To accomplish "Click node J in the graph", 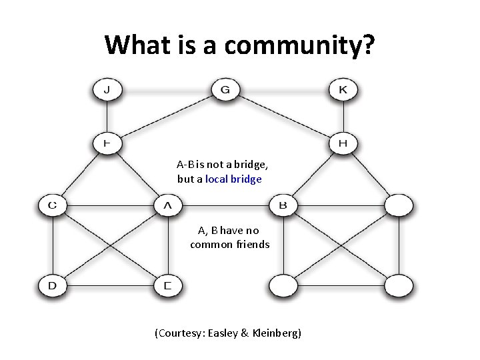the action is [107, 89].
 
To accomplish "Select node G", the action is [225, 89].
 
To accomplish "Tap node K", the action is [343, 89].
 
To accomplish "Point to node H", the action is [343, 143].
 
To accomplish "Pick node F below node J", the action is [107, 143].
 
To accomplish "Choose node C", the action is [52, 205].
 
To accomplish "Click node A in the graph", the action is [167, 205].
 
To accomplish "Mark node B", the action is [283, 205].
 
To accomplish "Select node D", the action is [52, 286].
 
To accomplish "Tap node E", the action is [167, 286].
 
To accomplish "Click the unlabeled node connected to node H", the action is [399, 205].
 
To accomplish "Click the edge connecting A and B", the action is [225, 205].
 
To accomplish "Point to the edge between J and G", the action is [167, 89].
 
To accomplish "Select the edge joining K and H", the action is [343, 117].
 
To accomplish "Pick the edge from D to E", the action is [110, 286].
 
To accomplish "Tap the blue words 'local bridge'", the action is [233, 179].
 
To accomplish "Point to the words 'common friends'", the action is [229, 244].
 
